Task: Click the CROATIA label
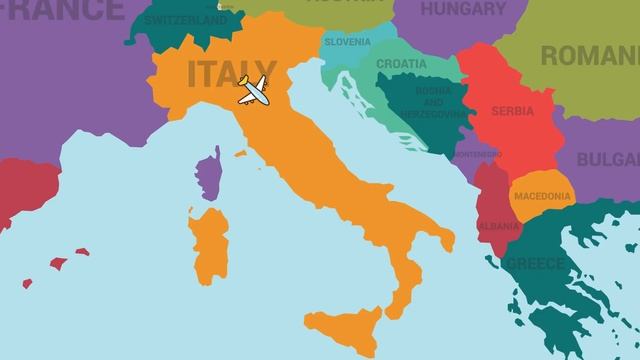coord(401,64)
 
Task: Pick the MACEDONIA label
coord(542,196)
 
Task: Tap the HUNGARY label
coord(463,9)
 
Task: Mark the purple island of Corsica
coord(209,175)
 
